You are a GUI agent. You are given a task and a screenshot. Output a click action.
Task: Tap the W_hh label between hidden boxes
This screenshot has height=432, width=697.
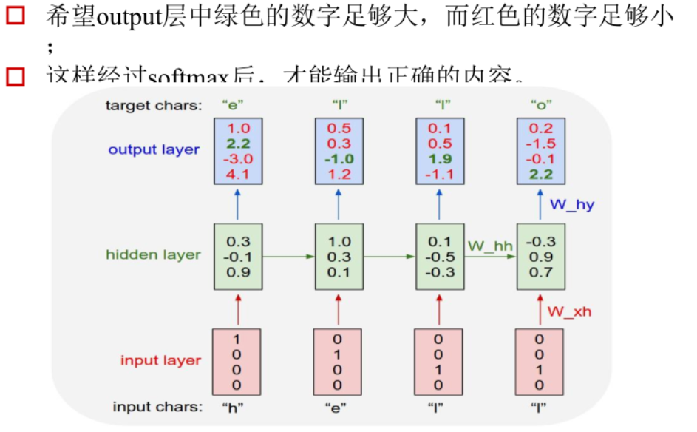(489, 245)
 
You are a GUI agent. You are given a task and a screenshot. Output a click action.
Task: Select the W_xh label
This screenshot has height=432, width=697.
(569, 311)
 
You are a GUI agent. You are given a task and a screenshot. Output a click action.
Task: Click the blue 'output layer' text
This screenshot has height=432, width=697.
(154, 149)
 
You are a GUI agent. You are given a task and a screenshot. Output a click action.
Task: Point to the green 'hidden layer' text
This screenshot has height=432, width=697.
(153, 254)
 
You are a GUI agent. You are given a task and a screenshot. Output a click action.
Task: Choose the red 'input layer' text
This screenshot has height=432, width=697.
(160, 360)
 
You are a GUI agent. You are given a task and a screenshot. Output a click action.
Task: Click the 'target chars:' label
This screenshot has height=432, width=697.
(153, 105)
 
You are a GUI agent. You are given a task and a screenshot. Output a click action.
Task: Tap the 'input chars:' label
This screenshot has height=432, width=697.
(157, 407)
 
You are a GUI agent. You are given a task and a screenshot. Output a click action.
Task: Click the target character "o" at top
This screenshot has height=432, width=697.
(540, 105)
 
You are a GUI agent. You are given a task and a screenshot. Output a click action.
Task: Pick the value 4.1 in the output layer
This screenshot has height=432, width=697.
(237, 175)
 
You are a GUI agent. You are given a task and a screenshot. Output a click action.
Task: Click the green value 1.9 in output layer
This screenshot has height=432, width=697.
(439, 159)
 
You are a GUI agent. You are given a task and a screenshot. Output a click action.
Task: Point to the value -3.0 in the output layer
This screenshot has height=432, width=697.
(237, 159)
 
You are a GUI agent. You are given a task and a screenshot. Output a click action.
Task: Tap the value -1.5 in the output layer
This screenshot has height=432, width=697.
(540, 144)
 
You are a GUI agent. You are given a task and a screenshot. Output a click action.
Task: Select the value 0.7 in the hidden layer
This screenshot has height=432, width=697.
(540, 272)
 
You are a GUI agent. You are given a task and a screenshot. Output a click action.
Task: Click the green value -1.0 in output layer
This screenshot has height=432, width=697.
(338, 159)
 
